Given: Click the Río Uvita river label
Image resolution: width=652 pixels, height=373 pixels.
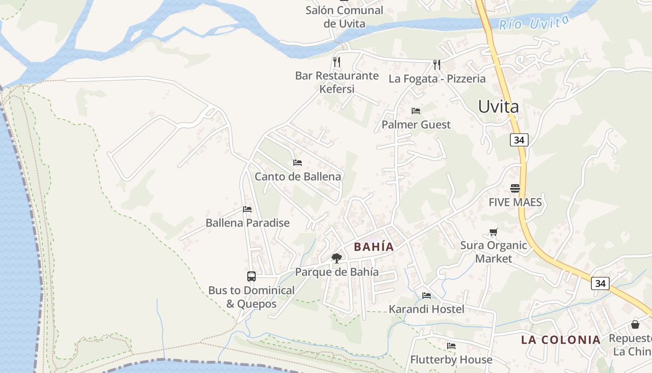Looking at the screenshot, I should coord(534,22).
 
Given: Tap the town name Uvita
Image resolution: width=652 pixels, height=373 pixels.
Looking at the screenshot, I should coord(498,107).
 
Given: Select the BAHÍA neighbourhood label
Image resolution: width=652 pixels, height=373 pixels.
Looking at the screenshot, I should coord(374,247).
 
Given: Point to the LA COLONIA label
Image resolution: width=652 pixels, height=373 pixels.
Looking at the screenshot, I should coord(561,340).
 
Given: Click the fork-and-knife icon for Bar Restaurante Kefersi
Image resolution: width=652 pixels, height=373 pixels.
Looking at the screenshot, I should coord(337,62).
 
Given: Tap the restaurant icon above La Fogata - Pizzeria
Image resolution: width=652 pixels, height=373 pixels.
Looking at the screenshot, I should coord(436,64).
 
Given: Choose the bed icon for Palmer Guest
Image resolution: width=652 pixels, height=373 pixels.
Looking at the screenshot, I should coord(416,111).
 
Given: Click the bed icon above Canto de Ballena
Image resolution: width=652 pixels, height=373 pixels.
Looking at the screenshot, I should coord(298,163).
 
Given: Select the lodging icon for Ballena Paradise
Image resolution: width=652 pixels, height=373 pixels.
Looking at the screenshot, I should coord(247,209).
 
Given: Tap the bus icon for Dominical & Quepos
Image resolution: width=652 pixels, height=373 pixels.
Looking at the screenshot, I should coord(251,276).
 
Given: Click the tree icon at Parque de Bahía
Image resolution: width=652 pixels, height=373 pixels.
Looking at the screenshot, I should coord(336,258).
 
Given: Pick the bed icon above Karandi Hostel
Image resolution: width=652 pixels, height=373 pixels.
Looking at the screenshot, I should coord(426,295).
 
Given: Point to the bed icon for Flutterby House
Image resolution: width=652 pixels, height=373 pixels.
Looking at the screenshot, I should coord(451,346).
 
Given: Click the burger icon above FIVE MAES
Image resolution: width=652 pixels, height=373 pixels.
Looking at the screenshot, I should coord(515,188).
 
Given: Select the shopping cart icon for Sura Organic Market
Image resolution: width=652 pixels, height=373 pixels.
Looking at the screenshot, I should coord(493,232).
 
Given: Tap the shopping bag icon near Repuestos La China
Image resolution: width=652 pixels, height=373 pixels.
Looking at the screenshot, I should coord(635,325).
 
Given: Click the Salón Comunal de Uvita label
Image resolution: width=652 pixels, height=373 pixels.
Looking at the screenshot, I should coord(345,17).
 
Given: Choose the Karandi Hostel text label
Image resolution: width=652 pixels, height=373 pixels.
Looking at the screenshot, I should coord(426,309).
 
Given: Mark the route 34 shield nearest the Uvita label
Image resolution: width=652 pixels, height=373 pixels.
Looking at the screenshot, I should coord(519,139).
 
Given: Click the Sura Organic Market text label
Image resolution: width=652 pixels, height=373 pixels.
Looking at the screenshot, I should coord(494,252).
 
